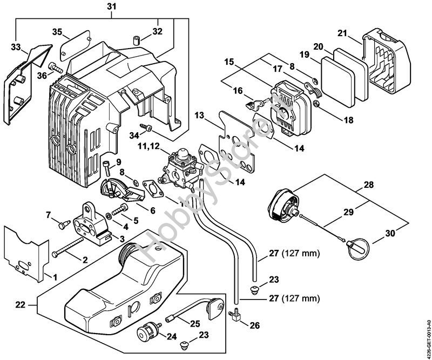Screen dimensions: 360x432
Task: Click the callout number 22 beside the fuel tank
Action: click(x=20, y=305)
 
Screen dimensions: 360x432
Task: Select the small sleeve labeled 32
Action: click(x=136, y=41)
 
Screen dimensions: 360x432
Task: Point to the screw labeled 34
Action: click(x=146, y=127)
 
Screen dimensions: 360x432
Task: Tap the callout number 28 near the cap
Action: click(x=368, y=185)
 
